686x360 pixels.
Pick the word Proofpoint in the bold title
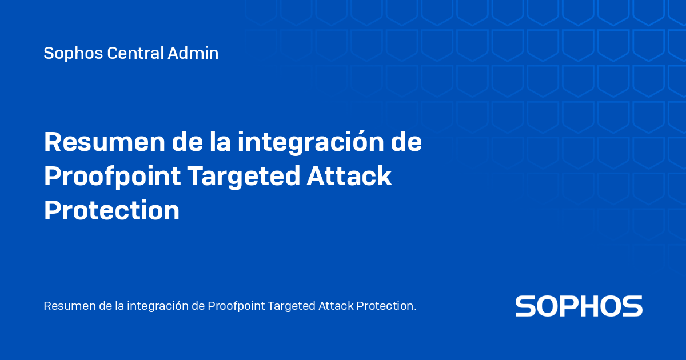(112, 177)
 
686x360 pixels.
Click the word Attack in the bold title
(349, 177)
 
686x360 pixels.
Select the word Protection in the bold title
(111, 210)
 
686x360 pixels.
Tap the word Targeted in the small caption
(292, 306)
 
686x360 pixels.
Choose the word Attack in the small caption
(336, 306)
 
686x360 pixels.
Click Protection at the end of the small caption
(386, 306)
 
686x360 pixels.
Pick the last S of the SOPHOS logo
(633, 306)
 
